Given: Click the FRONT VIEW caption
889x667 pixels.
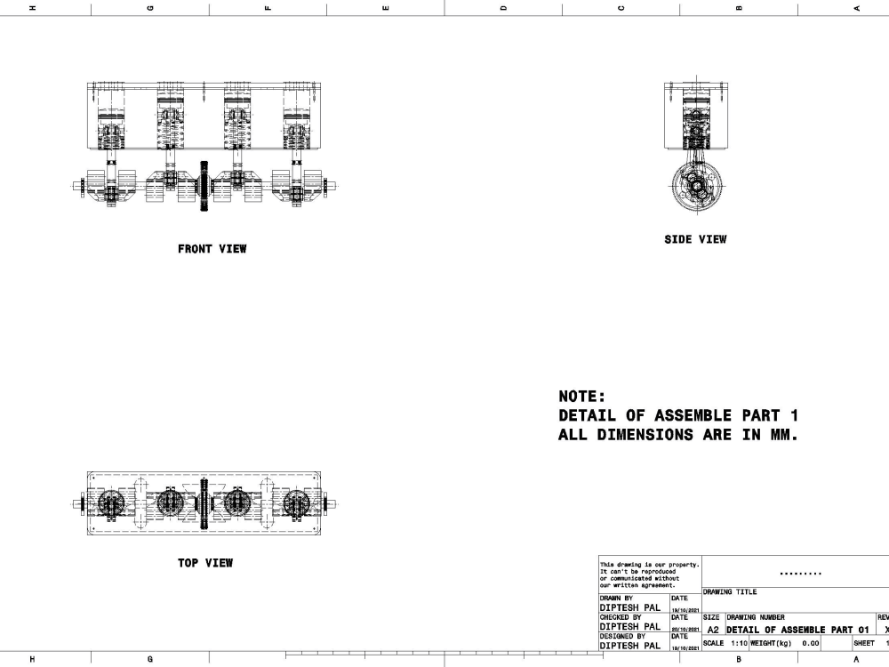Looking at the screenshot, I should (212, 249).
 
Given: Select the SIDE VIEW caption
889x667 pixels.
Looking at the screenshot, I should (695, 239).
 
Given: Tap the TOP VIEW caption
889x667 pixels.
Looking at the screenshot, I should (205, 563).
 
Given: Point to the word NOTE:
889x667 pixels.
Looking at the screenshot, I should (581, 397).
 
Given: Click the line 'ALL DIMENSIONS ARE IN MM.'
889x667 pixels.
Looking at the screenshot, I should (679, 435).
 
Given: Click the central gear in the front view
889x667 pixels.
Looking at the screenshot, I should (205, 187).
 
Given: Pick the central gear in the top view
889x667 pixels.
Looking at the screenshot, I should (205, 504).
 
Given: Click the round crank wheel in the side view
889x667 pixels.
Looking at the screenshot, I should (695, 188).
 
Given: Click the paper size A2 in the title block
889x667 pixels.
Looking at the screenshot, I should (712, 629).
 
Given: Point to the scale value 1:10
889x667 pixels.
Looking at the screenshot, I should (737, 642).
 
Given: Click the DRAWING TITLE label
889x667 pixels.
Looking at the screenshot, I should (730, 591).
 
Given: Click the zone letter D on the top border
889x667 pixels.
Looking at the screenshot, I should (503, 8).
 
